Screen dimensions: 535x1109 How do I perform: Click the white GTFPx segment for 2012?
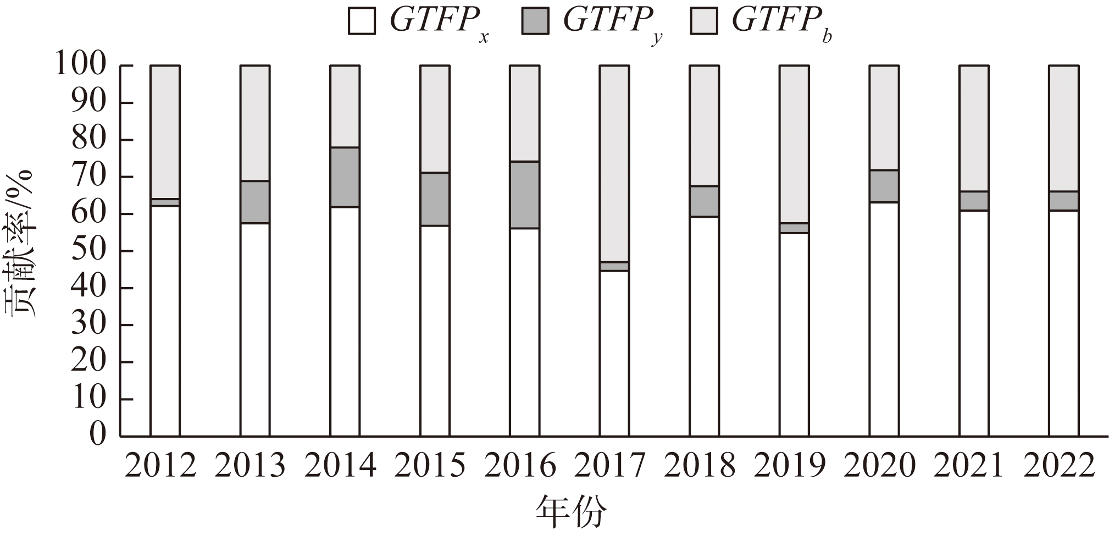(x=165, y=321)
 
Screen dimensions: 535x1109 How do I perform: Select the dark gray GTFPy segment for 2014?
(x=345, y=177)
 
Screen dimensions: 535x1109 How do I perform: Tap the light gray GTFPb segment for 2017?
(x=614, y=164)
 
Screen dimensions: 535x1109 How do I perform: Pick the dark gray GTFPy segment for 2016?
(x=524, y=195)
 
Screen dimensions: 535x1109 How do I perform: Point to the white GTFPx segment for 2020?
(x=884, y=319)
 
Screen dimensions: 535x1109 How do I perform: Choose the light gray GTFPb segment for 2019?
(x=794, y=144)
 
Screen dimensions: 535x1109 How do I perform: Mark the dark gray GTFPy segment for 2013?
(x=255, y=202)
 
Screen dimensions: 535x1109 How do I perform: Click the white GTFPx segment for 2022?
(x=1063, y=323)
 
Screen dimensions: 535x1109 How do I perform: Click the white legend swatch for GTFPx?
(x=362, y=21)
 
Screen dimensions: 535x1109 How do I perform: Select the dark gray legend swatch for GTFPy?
(x=535, y=21)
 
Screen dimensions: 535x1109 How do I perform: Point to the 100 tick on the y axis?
(x=88, y=66)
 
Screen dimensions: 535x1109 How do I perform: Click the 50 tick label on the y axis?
(x=88, y=251)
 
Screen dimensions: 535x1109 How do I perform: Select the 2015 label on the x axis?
(x=430, y=466)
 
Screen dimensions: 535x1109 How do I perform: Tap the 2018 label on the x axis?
(x=700, y=466)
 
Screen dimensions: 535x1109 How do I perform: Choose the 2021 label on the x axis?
(x=969, y=466)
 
